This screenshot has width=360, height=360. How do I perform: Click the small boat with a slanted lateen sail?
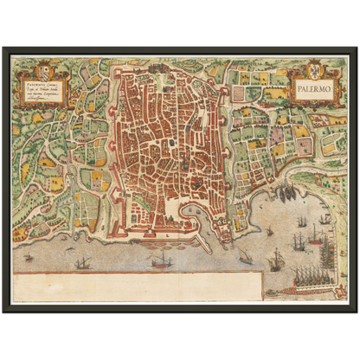245,256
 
